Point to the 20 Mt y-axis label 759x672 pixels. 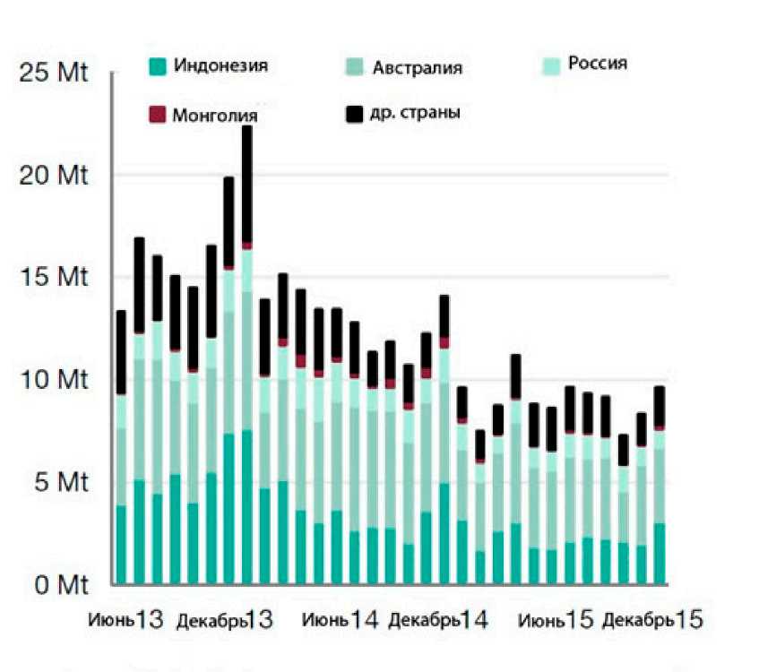click(55, 176)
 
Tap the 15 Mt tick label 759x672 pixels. click(55, 279)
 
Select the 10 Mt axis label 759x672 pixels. click(55, 382)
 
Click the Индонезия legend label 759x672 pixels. click(220, 65)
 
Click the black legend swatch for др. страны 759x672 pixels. click(355, 114)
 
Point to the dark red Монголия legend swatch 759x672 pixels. click(157, 115)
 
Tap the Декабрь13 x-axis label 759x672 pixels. click(224, 620)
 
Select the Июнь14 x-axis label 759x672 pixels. click(339, 620)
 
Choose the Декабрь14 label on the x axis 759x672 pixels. click(438, 620)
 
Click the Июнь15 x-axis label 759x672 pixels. click(556, 620)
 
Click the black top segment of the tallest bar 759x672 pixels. click(247, 184)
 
